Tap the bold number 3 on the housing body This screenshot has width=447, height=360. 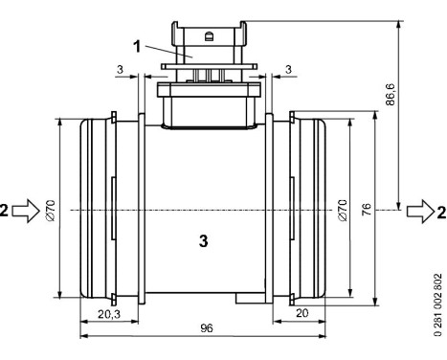[203, 242]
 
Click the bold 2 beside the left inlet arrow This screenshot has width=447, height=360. [7, 209]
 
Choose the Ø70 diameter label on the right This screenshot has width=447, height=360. [343, 209]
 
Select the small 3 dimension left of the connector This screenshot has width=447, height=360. [118, 70]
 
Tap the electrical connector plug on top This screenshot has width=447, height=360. [205, 48]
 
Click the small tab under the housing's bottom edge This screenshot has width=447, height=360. [250, 299]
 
